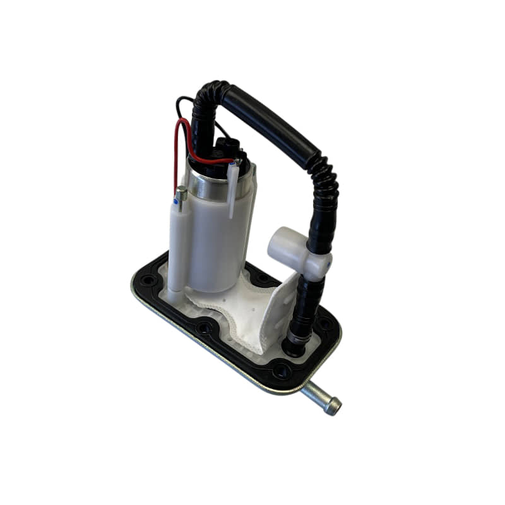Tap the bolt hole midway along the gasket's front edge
pos(203,328)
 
